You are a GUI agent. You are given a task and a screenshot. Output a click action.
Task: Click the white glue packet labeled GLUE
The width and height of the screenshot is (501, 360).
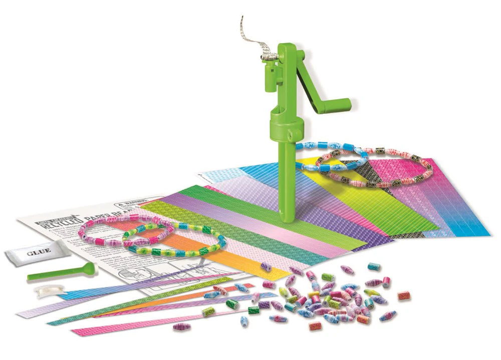click(37, 252)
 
